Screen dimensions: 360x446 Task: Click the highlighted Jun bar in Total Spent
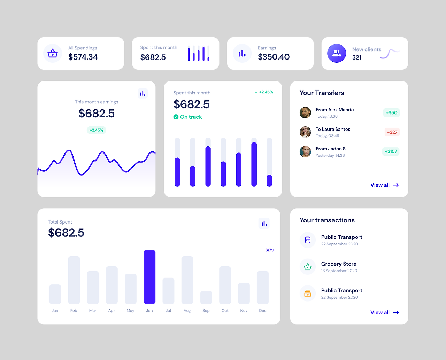[149, 277]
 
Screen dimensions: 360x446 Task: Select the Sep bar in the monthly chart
[206, 297]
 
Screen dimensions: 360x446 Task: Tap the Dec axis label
[263, 311]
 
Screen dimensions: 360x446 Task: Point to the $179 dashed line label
[269, 250]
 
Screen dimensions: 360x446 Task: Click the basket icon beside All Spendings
[53, 53]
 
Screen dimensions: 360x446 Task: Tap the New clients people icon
[337, 53]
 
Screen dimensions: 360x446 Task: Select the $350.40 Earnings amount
[274, 57]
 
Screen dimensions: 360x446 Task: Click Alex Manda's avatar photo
[305, 112]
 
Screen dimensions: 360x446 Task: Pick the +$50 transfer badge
[391, 112]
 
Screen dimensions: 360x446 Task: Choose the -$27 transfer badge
[392, 132]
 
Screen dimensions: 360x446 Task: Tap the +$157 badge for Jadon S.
[391, 151]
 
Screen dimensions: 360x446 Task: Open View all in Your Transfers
[384, 185]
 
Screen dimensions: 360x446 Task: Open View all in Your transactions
[384, 312]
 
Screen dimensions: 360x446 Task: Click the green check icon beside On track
[176, 117]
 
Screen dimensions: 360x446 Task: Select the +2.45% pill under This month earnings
[97, 130]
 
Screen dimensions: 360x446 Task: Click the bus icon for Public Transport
[308, 240]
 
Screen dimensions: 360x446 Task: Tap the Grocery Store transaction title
[339, 264]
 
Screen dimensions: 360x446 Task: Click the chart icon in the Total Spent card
[264, 224]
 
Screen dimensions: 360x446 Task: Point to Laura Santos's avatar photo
[305, 132]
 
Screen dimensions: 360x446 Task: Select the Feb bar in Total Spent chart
[74, 280]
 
